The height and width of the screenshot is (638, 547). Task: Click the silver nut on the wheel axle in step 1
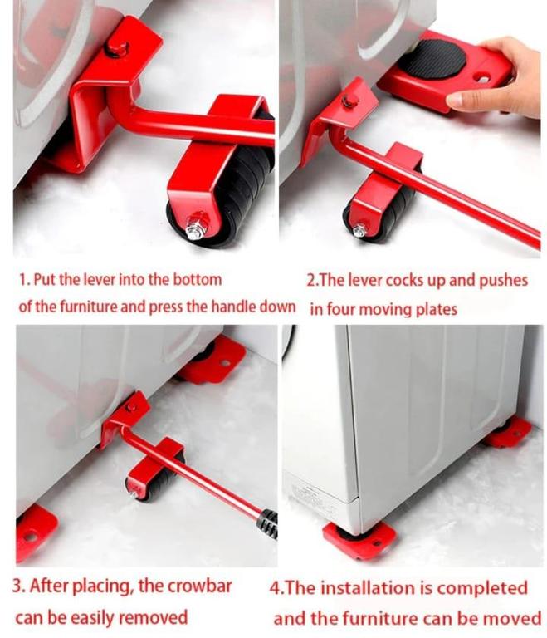pyautogui.click(x=197, y=225)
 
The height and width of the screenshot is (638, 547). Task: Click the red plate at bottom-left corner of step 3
pyautogui.click(x=33, y=526)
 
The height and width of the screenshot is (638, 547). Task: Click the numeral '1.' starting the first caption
pyautogui.click(x=24, y=280)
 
